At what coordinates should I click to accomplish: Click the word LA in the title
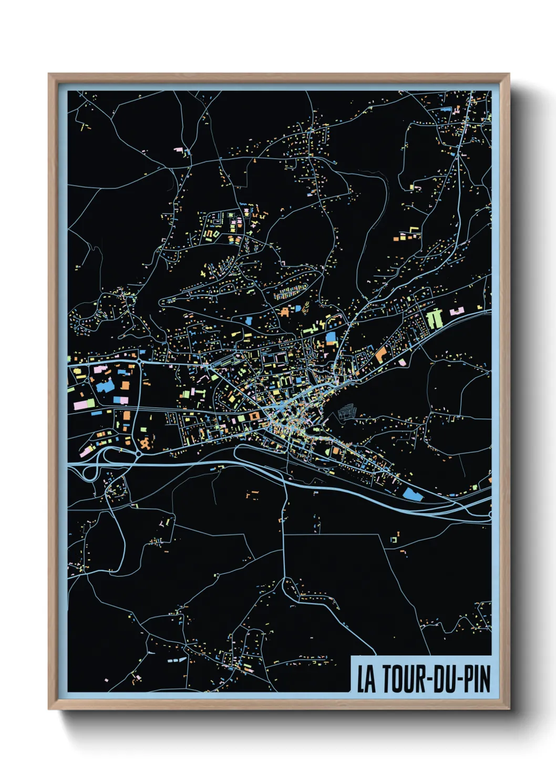[x=366, y=679]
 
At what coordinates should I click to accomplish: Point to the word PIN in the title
[x=478, y=679]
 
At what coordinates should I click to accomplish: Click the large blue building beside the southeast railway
[x=412, y=494]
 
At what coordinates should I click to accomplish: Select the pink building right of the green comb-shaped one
[x=456, y=311]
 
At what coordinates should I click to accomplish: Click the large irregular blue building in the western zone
[x=105, y=387]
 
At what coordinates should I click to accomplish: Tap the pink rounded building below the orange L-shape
[x=403, y=362]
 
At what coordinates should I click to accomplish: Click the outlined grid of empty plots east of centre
[x=346, y=412]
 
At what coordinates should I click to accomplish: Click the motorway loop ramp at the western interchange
[x=90, y=473]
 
